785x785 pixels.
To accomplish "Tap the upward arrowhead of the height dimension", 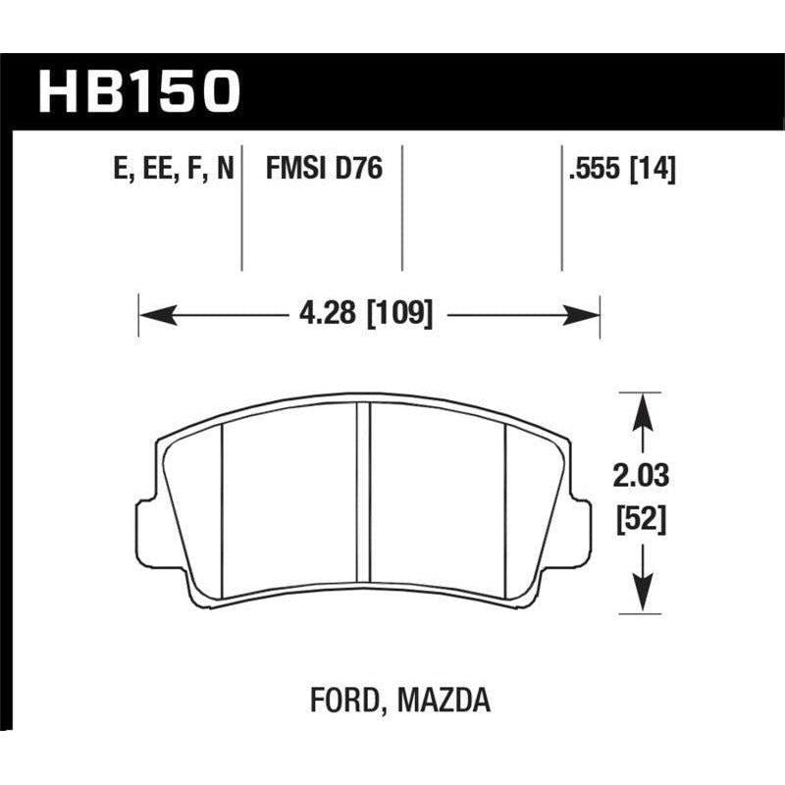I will pyautogui.click(x=641, y=404).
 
